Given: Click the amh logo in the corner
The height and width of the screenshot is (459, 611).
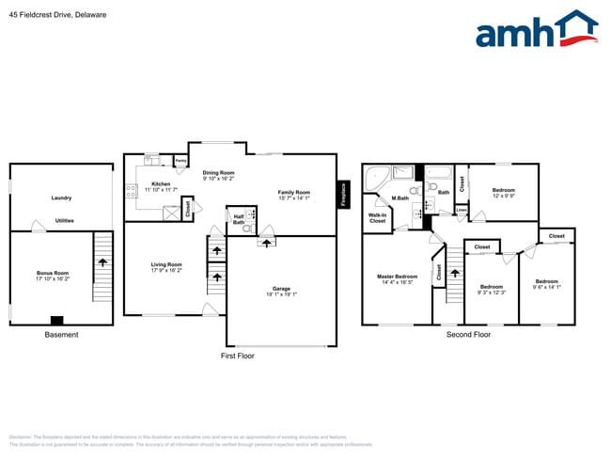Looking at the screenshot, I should click(x=537, y=30).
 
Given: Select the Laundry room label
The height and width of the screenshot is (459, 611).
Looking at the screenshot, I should click(x=61, y=198).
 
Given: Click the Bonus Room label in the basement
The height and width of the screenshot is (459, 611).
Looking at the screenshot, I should click(x=53, y=277).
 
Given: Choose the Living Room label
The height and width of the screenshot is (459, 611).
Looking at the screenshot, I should click(x=165, y=267).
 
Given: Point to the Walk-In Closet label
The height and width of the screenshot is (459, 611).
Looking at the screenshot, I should click(x=377, y=217).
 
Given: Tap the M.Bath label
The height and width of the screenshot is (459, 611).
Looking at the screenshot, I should click(x=400, y=198).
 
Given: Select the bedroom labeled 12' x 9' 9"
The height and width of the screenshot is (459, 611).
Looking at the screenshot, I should click(x=503, y=193).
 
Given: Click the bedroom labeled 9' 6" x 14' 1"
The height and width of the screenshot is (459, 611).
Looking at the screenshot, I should click(x=546, y=284).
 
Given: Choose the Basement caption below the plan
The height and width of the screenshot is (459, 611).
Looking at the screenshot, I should click(x=62, y=335).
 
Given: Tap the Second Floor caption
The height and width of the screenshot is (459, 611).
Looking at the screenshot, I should click(x=468, y=335).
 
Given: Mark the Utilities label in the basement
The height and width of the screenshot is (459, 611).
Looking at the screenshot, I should click(x=65, y=221).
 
